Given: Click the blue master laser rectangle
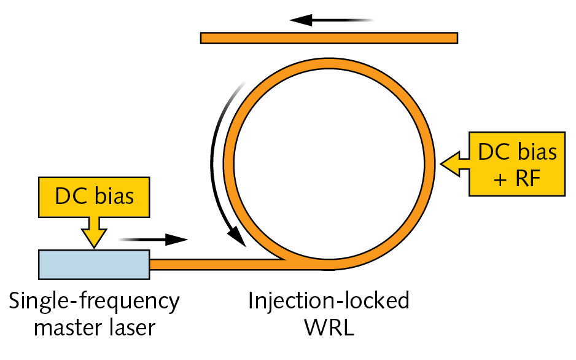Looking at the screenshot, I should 93,264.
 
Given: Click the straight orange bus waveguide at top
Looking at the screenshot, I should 329,38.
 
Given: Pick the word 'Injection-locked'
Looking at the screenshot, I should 329,302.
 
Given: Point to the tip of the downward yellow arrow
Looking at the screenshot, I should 93,247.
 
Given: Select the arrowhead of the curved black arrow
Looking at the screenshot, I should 235,238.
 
